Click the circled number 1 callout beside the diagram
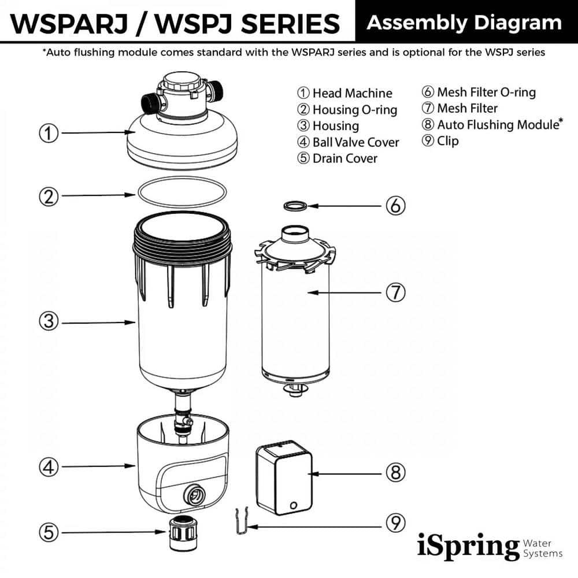pos(49,134)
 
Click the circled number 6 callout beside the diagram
pos(395,205)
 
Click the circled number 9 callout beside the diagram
pos(395,523)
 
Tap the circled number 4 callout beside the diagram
pos(49,466)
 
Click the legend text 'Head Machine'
pos(352,93)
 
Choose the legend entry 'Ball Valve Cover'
pos(355,142)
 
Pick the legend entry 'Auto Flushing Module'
pos(497,124)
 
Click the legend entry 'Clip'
pos(447,140)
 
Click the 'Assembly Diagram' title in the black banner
pos(464,23)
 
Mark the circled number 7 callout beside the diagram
pos(395,292)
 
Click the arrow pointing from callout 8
pos(342,473)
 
